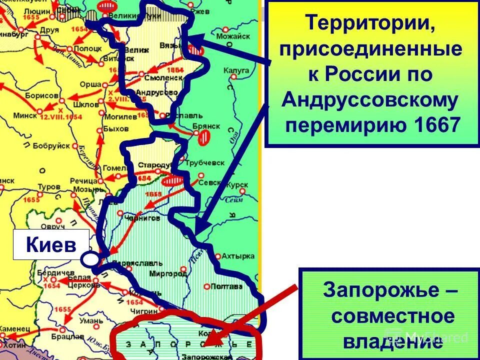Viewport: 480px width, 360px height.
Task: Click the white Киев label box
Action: click(51, 245)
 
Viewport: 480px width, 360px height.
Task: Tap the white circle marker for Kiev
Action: click(89, 259)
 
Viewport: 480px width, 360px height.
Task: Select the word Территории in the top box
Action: click(369, 23)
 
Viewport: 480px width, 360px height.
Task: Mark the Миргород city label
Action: click(170, 274)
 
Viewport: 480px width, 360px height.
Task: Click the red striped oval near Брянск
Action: click(203, 137)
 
